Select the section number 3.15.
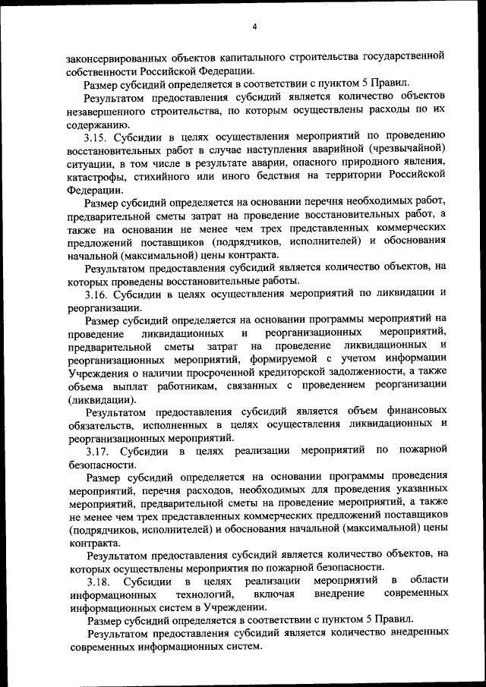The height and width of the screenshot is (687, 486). click(96, 137)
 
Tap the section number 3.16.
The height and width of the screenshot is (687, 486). click(96, 292)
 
